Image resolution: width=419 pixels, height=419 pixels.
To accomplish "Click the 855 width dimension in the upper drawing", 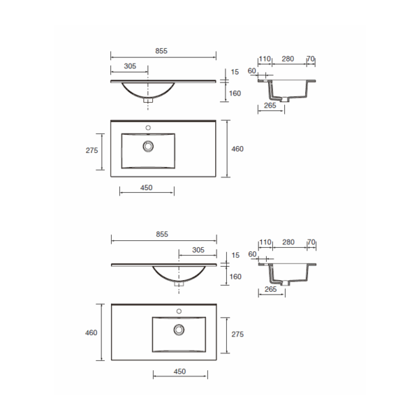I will tap(163, 52).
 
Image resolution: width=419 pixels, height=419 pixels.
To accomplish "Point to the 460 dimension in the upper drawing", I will tap(237, 149).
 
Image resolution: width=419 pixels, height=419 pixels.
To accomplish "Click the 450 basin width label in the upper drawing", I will tap(147, 186).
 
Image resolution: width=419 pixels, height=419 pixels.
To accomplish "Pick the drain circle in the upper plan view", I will tap(147, 146).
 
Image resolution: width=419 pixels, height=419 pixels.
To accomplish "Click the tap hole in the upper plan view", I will tap(147, 128).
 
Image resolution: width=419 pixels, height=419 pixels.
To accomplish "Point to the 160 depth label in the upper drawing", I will tap(235, 93).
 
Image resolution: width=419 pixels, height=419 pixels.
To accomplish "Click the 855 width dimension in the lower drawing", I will tap(163, 234).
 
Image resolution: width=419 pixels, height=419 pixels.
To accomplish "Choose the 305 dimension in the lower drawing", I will tap(198, 249).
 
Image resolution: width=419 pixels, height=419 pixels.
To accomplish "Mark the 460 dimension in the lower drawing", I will tap(91, 332).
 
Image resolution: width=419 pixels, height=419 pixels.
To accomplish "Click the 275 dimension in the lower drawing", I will tap(237, 335).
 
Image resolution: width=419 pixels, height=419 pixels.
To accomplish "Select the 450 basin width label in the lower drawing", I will tap(179, 371).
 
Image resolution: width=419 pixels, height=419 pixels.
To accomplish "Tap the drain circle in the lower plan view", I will tap(179, 329).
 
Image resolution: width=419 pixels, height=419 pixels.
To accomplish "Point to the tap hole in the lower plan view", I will tap(179, 311).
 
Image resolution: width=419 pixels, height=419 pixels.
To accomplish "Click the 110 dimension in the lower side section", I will tap(265, 242).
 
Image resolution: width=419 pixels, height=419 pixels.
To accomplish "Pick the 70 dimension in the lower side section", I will tap(311, 242).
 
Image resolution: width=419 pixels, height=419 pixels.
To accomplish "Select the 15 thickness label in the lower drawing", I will tap(235, 255).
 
